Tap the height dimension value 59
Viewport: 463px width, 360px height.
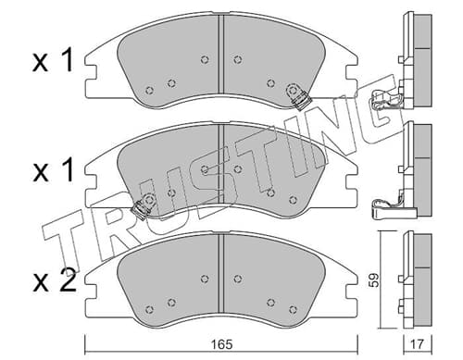click(x=374, y=280)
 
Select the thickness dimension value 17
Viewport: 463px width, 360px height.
click(x=419, y=344)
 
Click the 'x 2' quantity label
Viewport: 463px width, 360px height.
click(x=55, y=280)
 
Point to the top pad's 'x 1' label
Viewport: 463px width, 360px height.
click(x=53, y=60)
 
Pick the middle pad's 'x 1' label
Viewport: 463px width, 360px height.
click(x=53, y=170)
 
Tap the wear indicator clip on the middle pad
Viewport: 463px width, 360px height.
click(x=143, y=206)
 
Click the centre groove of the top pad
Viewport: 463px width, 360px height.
click(x=220, y=54)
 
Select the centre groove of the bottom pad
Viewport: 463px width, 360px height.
click(x=220, y=273)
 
